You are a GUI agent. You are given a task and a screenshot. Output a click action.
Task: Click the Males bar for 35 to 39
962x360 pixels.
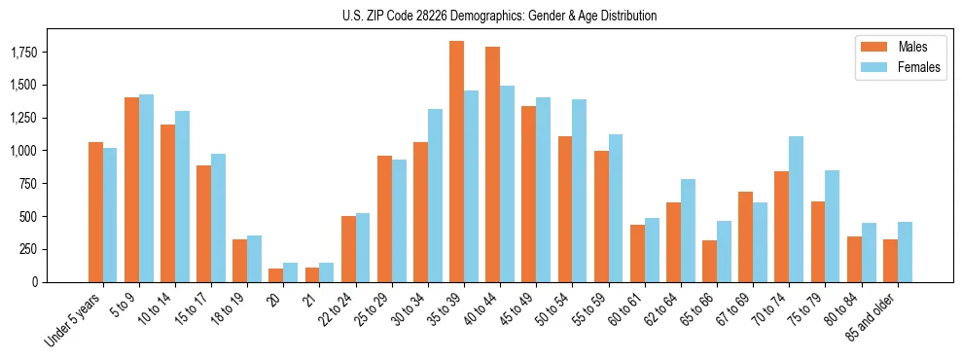456,162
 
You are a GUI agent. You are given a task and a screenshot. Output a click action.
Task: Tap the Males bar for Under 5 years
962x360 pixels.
95,212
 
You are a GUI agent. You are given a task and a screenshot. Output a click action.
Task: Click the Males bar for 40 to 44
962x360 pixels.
492,164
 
